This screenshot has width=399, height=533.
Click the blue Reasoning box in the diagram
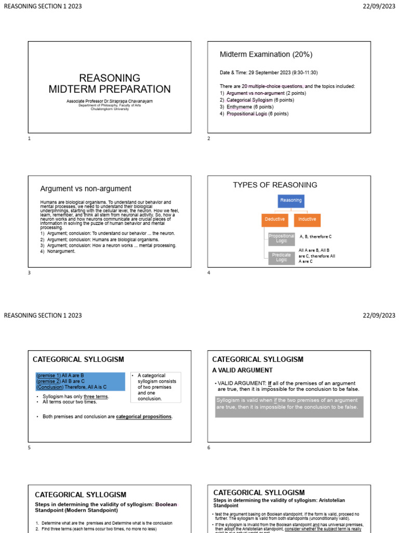[x=290, y=200]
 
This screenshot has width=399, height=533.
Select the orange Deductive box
[x=274, y=220]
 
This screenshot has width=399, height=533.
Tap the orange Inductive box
[x=307, y=220]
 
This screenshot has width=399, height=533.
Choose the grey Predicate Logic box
[x=281, y=258]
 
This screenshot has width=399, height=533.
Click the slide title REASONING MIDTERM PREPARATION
[x=109, y=83]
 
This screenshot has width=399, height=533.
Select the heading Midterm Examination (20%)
[x=266, y=55]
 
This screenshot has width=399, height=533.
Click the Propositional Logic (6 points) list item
[x=254, y=113]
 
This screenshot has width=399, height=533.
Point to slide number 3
[x=30, y=272]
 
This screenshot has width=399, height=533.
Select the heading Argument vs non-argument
[x=86, y=189]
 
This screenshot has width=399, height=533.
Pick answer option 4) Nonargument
[x=58, y=251]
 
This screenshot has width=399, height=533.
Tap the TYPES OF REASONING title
[x=275, y=185]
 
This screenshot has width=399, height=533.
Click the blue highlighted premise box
[x=80, y=382]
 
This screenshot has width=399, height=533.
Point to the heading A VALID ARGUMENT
[x=242, y=370]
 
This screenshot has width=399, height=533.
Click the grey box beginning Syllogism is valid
[x=289, y=407]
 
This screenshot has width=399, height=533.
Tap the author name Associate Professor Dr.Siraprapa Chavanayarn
[x=109, y=100]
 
